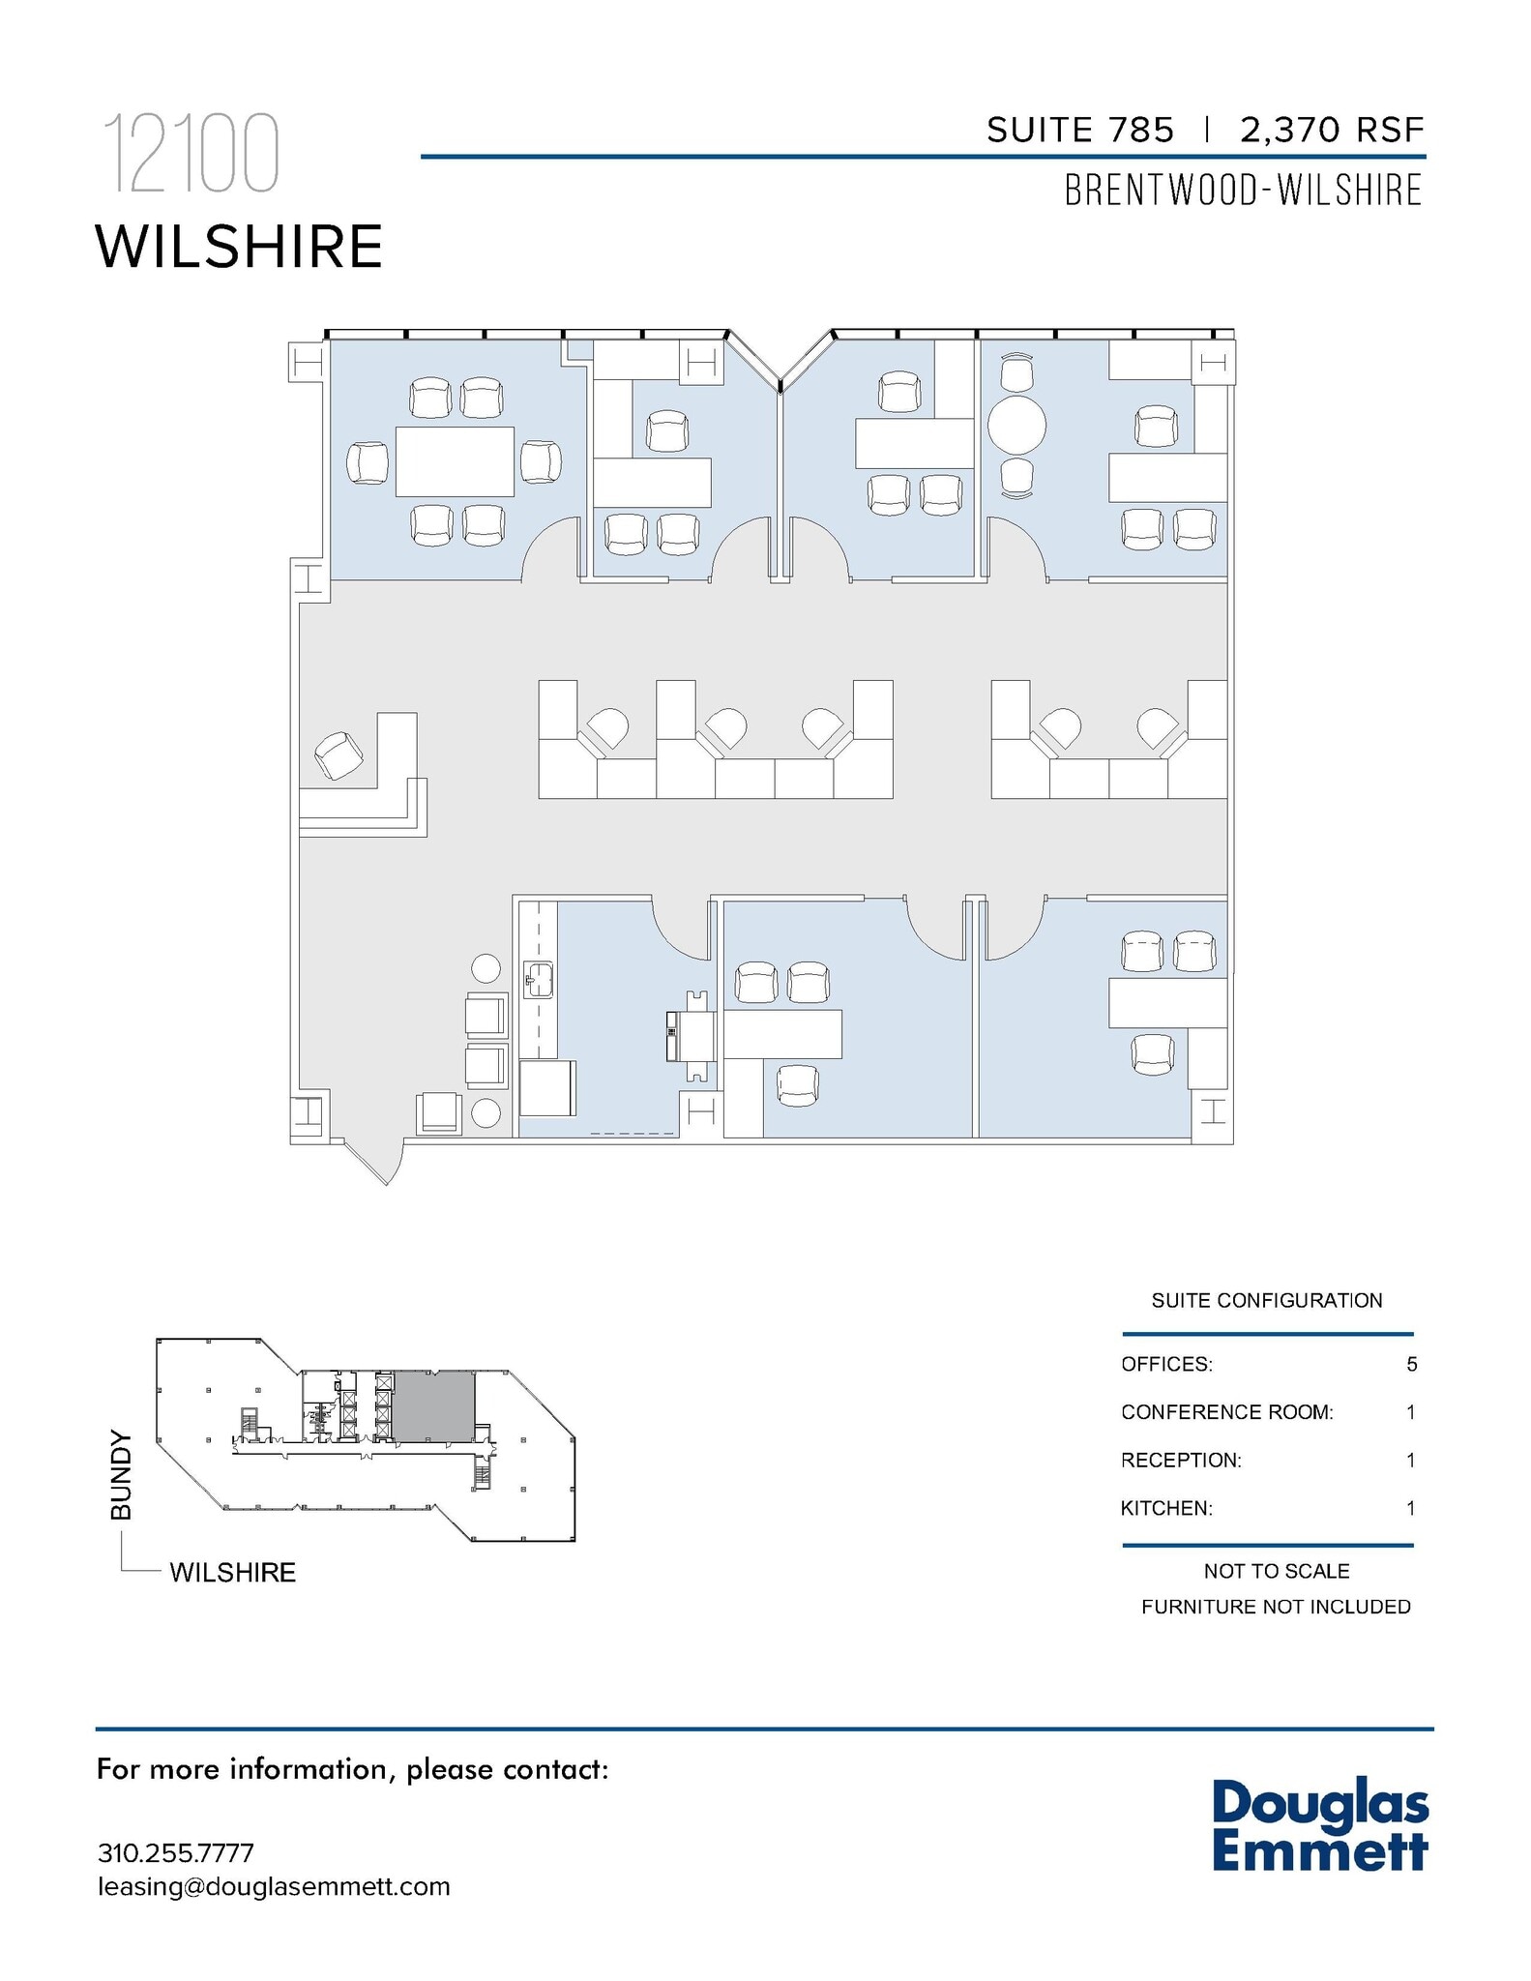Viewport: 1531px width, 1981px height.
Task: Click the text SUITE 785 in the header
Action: [x=1079, y=130]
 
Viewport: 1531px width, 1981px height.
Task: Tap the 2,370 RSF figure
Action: [x=1332, y=130]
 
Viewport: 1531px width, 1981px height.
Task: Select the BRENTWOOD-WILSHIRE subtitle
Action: [x=1243, y=191]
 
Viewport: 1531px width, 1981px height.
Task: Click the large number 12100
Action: [x=191, y=154]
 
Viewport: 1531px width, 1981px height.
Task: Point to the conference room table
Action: [x=455, y=461]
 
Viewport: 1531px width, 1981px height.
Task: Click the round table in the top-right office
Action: [x=1016, y=425]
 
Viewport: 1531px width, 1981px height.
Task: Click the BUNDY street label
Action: [x=121, y=1475]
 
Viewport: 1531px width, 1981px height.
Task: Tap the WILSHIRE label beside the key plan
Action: [x=232, y=1573]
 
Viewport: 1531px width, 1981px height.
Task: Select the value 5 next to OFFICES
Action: [x=1411, y=1364]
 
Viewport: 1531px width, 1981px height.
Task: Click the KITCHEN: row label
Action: [x=1165, y=1508]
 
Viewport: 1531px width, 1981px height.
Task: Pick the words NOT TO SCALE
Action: [x=1276, y=1571]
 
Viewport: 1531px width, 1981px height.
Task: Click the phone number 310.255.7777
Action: [x=175, y=1853]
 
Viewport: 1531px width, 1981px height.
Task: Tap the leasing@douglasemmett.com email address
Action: [x=274, y=1886]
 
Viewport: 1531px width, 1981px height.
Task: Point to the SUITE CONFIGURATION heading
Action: [x=1266, y=1300]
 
